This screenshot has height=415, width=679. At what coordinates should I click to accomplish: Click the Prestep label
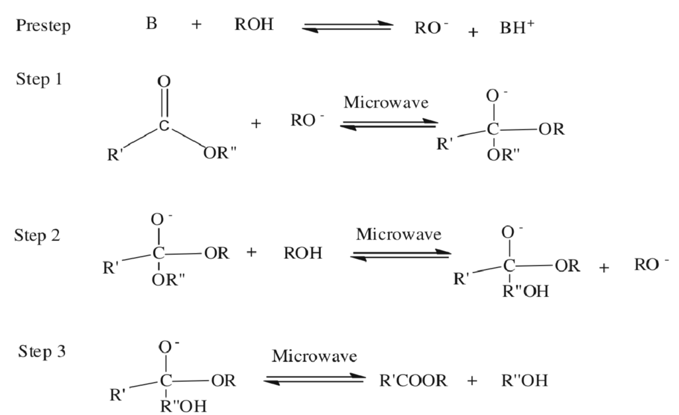tap(43, 27)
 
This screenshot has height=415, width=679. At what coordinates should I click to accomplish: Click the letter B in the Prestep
tap(152, 25)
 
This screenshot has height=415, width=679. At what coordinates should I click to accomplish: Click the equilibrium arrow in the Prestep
tap(347, 27)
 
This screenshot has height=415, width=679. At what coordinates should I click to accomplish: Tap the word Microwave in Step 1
tap(386, 103)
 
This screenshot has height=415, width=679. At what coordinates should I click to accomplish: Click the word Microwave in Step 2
tap(399, 234)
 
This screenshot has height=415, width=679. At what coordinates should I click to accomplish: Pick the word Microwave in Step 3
tap(314, 356)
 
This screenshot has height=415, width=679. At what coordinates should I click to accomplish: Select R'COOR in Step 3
tap(413, 381)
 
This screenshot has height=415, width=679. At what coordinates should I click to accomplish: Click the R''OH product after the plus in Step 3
tap(525, 381)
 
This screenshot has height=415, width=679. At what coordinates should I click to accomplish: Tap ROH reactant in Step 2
tap(303, 253)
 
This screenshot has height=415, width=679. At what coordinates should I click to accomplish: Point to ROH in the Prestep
tap(254, 25)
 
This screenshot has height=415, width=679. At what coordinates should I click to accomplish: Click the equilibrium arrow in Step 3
tap(314, 380)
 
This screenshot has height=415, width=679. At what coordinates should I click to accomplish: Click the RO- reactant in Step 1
tap(308, 121)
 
